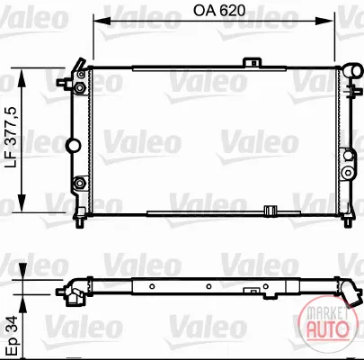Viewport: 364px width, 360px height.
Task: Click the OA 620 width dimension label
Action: pyautogui.click(x=219, y=11)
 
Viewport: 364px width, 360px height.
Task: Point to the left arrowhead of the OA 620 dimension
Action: pyautogui.click(x=102, y=21)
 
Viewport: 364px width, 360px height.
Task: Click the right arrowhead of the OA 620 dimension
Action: pyautogui.click(x=325, y=21)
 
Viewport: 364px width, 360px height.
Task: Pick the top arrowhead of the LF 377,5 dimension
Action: pyautogui.click(x=22, y=77)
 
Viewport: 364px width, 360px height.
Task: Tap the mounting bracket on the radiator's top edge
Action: pyautogui.click(x=252, y=62)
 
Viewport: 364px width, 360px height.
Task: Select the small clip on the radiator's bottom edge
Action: pyautogui.click(x=270, y=211)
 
